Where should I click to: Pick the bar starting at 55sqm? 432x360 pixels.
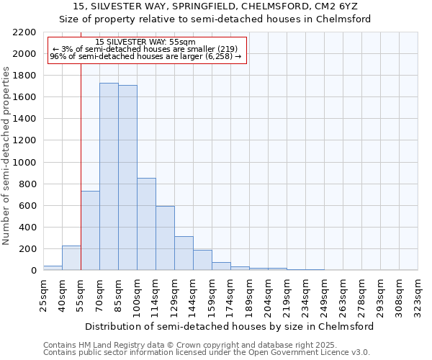pos(90,230)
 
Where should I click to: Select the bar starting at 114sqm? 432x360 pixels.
pos(165,238)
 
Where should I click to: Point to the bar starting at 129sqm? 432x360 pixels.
pos(184,253)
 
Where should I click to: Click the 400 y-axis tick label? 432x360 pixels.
pos(27,227)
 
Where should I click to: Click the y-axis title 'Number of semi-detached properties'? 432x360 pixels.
pos(6,156)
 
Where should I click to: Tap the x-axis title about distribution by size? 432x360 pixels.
pos(230,326)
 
